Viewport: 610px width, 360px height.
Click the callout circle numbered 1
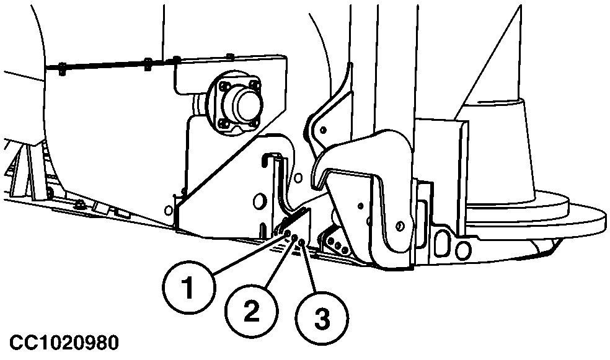189,288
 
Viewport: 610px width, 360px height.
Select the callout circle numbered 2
251,311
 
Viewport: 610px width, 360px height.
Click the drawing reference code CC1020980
63,343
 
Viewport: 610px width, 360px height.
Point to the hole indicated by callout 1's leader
288,233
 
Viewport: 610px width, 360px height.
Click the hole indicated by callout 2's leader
294,238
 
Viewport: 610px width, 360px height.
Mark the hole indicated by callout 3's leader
302,244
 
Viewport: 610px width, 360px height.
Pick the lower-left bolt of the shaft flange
223,124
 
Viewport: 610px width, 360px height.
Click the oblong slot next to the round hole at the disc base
443,243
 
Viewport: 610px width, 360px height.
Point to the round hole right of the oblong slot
462,250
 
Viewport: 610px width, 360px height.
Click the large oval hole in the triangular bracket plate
257,201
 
